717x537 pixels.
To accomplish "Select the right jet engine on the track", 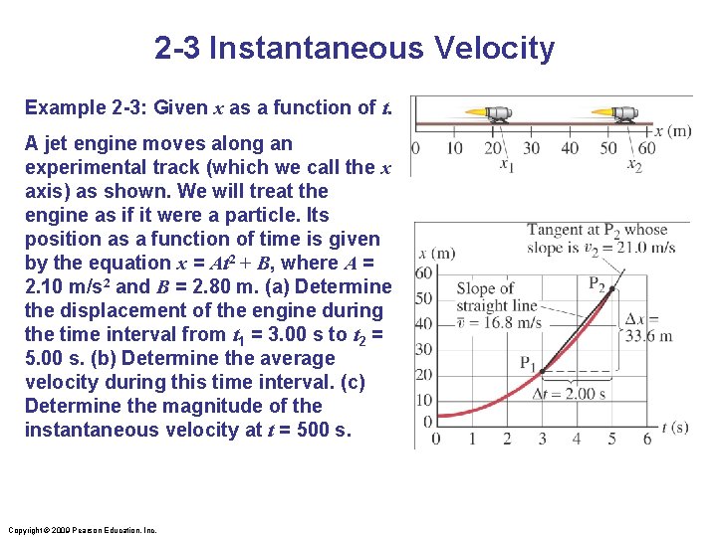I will [x=626, y=113].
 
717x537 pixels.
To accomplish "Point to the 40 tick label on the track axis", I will [x=570, y=148].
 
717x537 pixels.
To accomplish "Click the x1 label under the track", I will [x=507, y=165].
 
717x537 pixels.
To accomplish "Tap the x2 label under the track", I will [x=634, y=165].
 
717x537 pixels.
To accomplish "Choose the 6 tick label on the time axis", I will [x=647, y=438].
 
